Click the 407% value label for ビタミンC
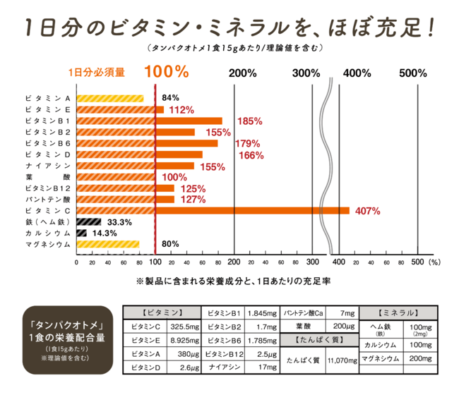[369, 211]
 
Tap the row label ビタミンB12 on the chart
[47, 188]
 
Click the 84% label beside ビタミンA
[170, 98]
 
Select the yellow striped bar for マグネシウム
[107, 244]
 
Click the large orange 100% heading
[166, 72]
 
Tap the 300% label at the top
[306, 73]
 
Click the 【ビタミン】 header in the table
[162, 312]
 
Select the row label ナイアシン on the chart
[47, 166]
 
